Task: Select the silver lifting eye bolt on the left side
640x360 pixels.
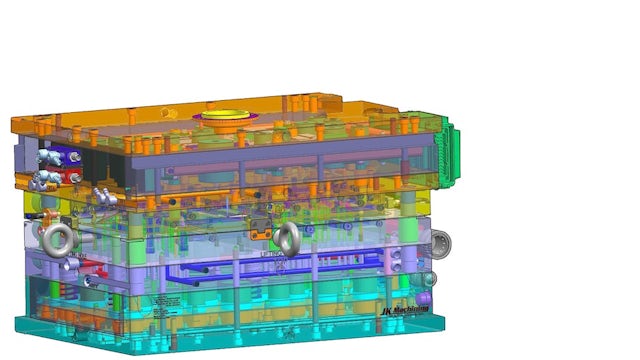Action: pyautogui.click(x=59, y=239)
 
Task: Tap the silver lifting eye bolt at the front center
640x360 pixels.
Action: pyautogui.click(x=288, y=237)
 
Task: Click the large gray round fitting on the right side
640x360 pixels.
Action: pyautogui.click(x=440, y=242)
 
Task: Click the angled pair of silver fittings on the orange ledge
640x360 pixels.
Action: pyautogui.click(x=101, y=194)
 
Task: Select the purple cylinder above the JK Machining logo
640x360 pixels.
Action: pyautogui.click(x=424, y=298)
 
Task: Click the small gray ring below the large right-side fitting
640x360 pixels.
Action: pyautogui.click(x=431, y=279)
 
